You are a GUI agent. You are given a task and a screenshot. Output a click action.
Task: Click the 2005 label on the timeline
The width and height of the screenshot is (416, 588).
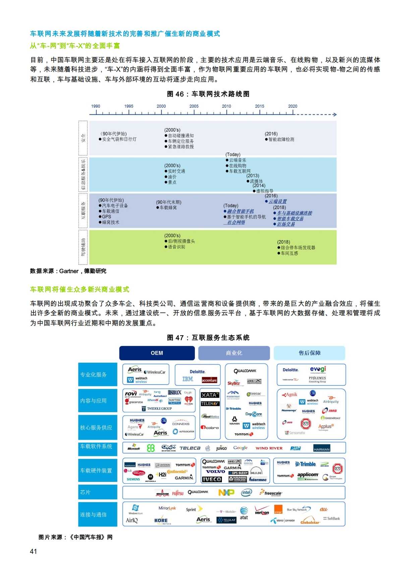coord(194,106)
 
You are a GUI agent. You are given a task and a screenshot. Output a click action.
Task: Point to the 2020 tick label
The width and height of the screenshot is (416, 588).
coord(293,106)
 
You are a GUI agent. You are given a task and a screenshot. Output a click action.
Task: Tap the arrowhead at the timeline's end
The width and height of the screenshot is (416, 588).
coord(335,115)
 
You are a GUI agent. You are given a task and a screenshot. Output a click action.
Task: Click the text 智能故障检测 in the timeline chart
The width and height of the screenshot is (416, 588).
coord(281,139)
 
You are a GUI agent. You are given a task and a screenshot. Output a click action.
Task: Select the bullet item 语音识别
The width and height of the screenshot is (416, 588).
coord(176,247)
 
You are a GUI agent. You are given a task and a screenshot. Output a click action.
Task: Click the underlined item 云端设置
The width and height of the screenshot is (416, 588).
coord(278,201)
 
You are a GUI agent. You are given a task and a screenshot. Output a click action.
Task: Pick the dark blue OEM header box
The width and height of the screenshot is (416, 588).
coord(157,353)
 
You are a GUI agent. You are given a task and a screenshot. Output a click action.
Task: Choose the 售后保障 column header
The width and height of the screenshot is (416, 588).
coord(309,353)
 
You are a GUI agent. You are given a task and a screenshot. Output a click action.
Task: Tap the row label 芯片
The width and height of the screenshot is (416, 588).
coord(85,492)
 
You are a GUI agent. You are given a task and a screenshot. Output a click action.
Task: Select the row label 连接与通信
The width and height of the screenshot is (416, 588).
coord(93,515)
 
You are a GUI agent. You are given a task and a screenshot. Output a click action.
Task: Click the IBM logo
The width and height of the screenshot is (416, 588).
coord(188,379)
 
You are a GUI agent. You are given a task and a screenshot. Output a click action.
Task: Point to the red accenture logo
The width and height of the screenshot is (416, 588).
coord(210,380)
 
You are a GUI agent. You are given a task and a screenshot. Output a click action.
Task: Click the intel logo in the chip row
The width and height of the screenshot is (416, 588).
coord(246,492)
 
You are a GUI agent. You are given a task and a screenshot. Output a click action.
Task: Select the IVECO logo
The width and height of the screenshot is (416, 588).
coord(212,479)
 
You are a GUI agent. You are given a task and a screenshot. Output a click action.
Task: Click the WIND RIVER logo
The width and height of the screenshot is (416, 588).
coord(269,448)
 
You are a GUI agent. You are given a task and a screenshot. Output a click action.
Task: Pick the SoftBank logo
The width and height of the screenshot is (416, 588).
coord(332,519)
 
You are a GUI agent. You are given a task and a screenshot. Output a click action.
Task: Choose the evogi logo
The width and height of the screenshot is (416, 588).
coord(318,369)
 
